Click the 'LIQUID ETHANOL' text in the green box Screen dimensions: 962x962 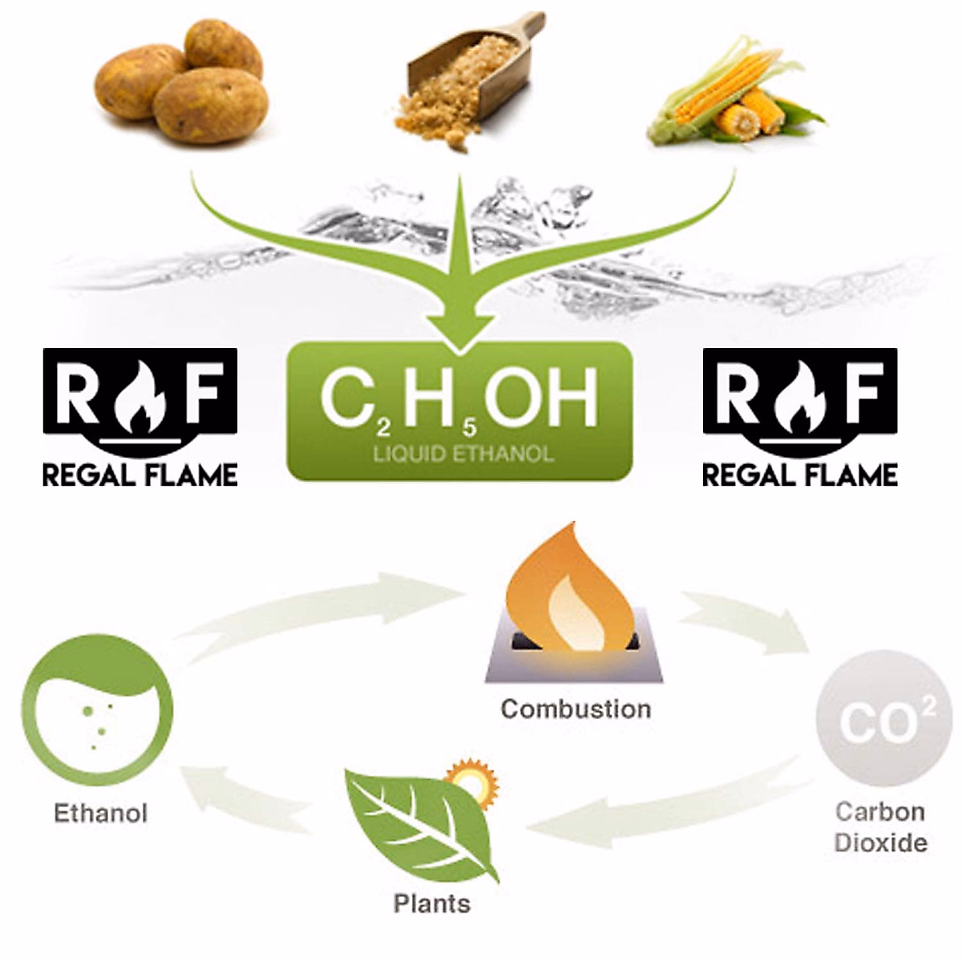(463, 454)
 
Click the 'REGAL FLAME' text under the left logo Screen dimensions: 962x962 (140, 475)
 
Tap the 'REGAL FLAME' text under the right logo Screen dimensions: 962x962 (800, 475)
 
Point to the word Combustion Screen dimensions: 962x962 (576, 709)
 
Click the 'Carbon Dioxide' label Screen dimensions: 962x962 (880, 827)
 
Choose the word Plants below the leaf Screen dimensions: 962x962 (431, 903)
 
